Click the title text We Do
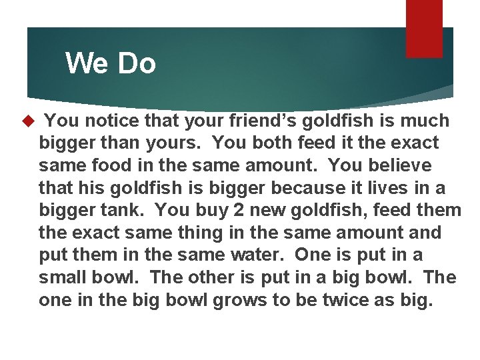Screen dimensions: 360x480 (x=111, y=64)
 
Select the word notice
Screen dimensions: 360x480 (x=109, y=121)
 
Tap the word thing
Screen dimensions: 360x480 (x=187, y=233)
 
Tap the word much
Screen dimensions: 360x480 (x=425, y=121)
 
